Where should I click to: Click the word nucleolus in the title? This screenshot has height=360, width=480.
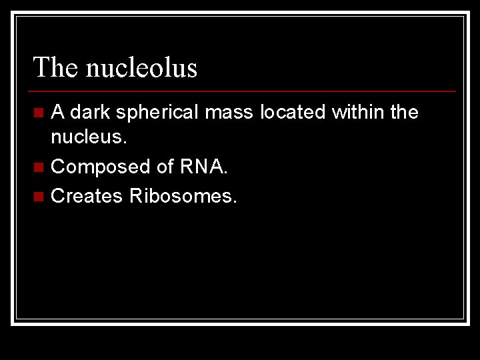(x=142, y=68)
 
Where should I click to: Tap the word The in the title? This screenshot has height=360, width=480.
(x=57, y=68)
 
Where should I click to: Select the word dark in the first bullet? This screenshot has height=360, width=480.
(x=92, y=112)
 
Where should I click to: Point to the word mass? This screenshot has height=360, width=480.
(x=229, y=112)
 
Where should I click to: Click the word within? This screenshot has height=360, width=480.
(x=358, y=112)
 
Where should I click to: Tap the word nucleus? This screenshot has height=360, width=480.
(x=87, y=139)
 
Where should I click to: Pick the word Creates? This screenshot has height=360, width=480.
(x=87, y=196)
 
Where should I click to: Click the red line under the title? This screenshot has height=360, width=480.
(x=243, y=91)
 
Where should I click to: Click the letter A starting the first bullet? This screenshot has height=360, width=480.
(x=58, y=112)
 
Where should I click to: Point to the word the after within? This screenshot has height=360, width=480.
(x=404, y=112)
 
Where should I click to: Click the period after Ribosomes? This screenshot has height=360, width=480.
(x=234, y=201)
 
